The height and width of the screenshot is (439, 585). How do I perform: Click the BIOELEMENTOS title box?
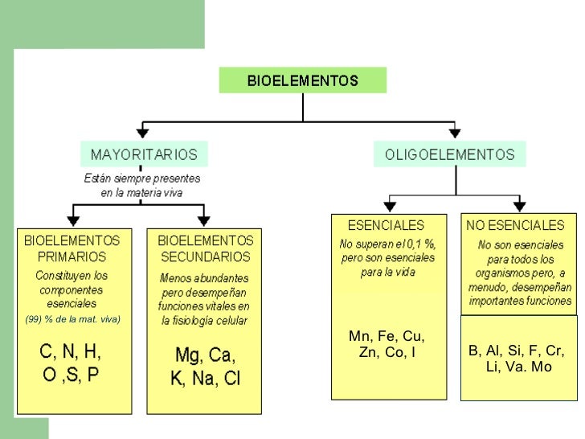click(x=302, y=80)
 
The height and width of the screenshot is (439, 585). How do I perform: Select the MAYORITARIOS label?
click(x=144, y=154)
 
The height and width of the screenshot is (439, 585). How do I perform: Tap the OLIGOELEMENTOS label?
click(x=449, y=154)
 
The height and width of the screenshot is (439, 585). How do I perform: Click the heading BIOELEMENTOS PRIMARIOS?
click(x=72, y=248)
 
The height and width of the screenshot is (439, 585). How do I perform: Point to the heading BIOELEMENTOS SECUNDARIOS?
click(x=205, y=248)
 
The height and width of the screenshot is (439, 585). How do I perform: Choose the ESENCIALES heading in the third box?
click(x=386, y=226)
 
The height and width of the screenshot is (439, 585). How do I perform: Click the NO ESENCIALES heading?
click(x=516, y=226)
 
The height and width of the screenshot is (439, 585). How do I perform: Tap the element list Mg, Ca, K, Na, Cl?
click(x=205, y=367)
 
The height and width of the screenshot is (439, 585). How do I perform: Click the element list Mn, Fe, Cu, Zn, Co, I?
click(x=387, y=344)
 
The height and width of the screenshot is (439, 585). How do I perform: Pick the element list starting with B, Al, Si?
click(x=516, y=359)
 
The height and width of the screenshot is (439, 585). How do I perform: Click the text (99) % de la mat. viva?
click(x=72, y=319)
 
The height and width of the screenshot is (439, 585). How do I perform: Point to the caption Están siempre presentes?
click(x=142, y=178)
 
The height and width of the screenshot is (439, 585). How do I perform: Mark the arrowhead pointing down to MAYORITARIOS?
click(x=142, y=131)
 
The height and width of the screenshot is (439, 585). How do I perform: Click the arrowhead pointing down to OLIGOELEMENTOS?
click(x=454, y=131)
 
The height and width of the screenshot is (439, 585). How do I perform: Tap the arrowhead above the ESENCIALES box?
click(x=390, y=206)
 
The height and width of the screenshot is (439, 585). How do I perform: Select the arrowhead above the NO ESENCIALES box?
click(x=519, y=206)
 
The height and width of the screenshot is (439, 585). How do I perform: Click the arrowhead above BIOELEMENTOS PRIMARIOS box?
click(x=74, y=220)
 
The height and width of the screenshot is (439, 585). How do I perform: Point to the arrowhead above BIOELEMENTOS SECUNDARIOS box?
click(x=203, y=220)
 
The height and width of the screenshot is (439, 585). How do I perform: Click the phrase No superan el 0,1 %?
click(x=387, y=244)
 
